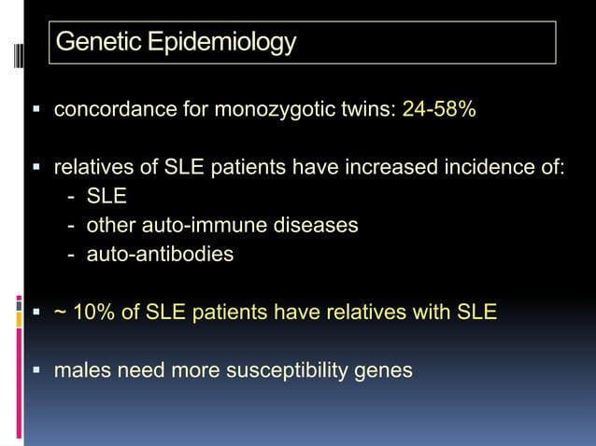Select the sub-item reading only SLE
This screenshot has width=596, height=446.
pos(106,198)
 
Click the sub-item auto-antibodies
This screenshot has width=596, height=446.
pos(160,253)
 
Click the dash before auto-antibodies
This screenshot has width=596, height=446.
pos(72,253)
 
